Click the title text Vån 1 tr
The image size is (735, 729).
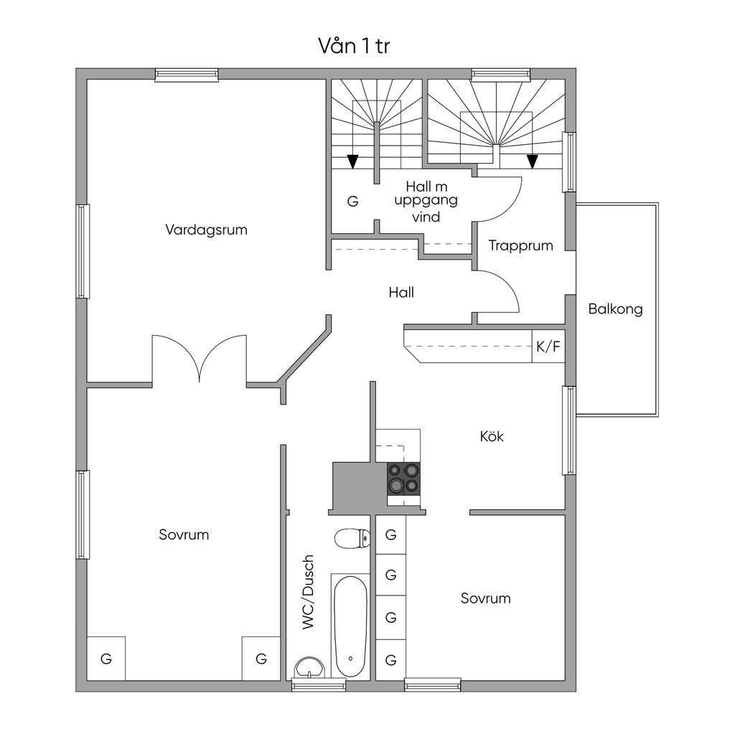click(x=354, y=46)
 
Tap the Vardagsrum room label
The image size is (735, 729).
click(x=206, y=230)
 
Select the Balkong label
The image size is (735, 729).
click(x=615, y=309)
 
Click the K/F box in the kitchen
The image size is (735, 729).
click(x=548, y=347)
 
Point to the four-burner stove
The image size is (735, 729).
click(x=403, y=479)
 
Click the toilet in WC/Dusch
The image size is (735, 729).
click(x=352, y=538)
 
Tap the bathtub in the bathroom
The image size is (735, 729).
click(x=351, y=626)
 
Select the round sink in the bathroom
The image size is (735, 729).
click(x=309, y=667)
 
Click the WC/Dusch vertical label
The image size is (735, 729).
click(x=307, y=592)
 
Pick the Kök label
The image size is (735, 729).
click(x=492, y=437)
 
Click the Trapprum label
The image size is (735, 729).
click(x=521, y=245)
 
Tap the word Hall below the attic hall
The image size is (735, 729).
click(x=401, y=292)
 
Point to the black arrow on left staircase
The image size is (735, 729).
click(x=353, y=161)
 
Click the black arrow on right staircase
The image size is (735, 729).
click(x=532, y=161)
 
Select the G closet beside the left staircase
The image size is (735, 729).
click(x=353, y=201)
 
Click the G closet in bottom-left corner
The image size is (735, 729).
click(x=106, y=659)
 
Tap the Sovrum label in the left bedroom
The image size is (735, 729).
click(x=184, y=535)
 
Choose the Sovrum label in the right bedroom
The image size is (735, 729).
click(x=486, y=598)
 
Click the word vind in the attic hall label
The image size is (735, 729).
click(x=426, y=217)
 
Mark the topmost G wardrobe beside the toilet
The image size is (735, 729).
click(x=391, y=535)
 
